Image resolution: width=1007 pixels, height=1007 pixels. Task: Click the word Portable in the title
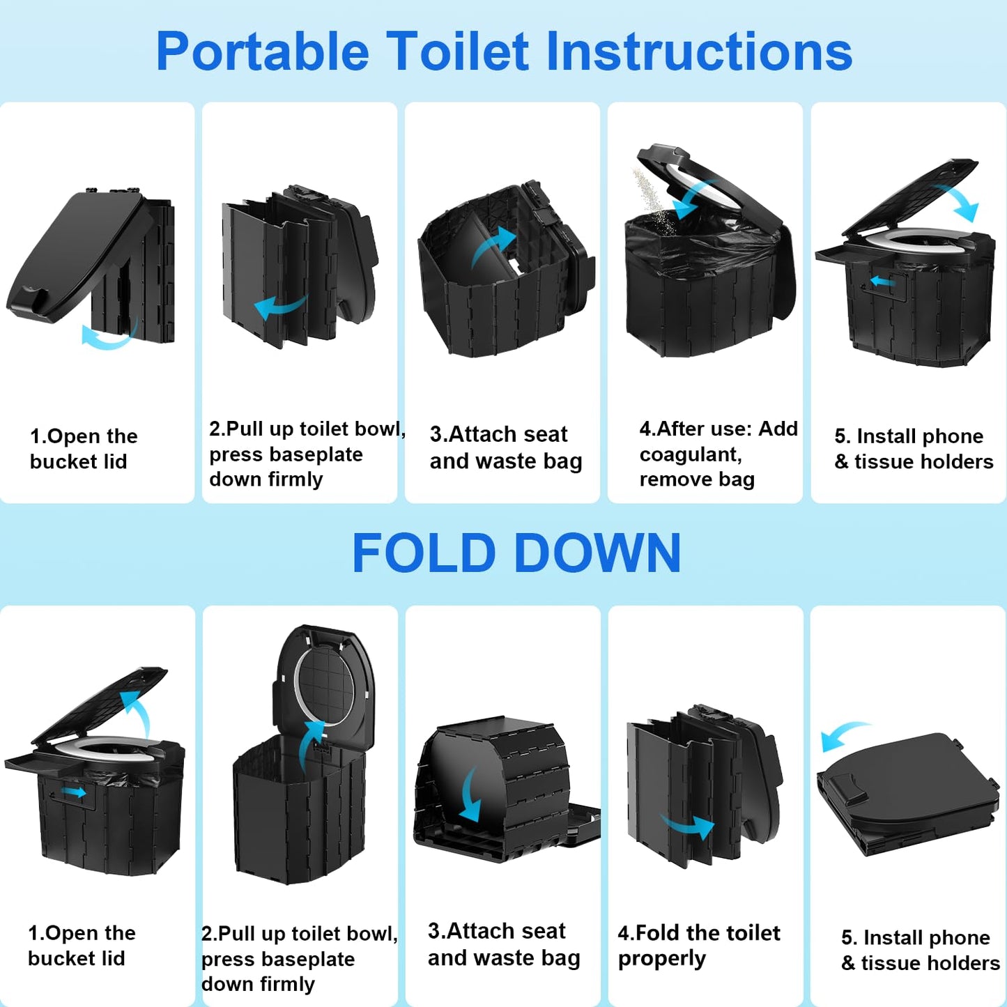pyautogui.click(x=262, y=52)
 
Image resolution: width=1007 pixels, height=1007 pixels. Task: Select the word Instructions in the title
pyautogui.click(x=699, y=52)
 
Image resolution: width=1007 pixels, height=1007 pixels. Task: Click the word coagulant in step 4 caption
pyautogui.click(x=690, y=454)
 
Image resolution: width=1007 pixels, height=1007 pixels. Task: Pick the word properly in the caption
pyautogui.click(x=661, y=960)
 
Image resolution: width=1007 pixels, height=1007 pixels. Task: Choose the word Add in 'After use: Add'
pyautogui.click(x=778, y=429)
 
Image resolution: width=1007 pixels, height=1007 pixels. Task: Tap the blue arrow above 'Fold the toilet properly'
pyautogui.click(x=689, y=826)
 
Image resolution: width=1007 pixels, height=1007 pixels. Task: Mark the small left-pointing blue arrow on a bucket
pyautogui.click(x=882, y=282)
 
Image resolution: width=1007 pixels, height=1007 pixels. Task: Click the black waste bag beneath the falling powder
pyautogui.click(x=704, y=244)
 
